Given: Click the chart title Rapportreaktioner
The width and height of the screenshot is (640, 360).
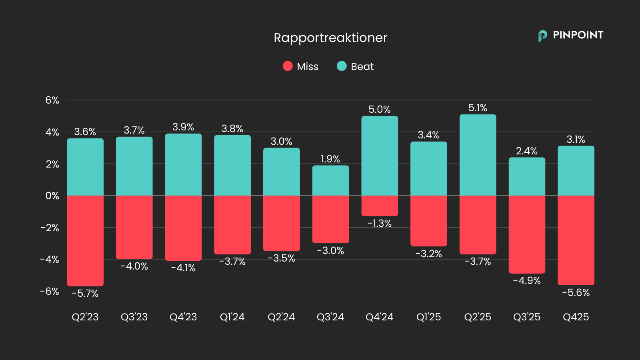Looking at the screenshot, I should point(330,38).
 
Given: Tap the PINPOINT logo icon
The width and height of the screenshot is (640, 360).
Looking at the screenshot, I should point(542,36).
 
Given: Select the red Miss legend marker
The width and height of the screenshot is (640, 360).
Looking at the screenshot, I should point(288,66).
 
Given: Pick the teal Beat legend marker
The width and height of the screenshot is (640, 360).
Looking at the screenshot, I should point(342,66).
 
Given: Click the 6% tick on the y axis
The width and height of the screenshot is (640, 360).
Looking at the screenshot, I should point(52,100).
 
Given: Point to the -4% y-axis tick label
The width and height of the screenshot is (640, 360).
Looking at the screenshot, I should point(50,259).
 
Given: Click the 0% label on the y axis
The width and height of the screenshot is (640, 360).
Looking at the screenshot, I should point(52,196).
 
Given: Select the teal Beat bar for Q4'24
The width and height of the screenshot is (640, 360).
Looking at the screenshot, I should point(380,156).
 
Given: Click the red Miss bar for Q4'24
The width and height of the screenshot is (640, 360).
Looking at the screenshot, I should point(380,206).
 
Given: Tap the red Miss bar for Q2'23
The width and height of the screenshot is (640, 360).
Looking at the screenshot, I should point(85,240).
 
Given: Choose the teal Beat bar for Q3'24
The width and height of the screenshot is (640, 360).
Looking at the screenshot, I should point(330,180).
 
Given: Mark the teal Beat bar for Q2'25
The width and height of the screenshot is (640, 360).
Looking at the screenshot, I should point(478,155).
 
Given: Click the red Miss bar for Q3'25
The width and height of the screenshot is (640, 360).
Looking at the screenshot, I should point(527,234).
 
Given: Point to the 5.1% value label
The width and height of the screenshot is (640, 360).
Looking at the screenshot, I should point(478,108).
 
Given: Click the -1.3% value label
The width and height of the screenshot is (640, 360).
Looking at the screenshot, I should point(380,223).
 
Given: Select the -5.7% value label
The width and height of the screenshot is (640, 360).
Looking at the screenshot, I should point(85,293).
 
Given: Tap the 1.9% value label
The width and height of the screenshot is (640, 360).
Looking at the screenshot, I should point(330,159).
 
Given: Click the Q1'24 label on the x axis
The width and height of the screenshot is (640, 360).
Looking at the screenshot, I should point(232,317).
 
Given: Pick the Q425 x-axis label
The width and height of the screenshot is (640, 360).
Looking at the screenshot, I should point(576,317).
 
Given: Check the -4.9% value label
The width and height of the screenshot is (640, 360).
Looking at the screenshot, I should point(527,280).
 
